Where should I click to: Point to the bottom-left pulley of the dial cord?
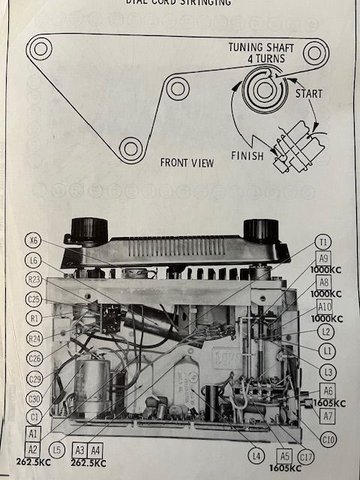coord(130,149)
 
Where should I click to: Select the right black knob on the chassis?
coord(261,229)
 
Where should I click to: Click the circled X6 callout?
coord(35,241)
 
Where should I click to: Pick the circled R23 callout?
coord(35,280)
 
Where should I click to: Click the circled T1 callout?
coord(323,242)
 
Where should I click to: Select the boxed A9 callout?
coord(323,257)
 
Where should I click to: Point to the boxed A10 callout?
coord(323,306)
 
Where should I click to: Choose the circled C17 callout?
coord(306,457)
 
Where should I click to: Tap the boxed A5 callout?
coord(285,456)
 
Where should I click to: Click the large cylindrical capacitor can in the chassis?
coord(92,385)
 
